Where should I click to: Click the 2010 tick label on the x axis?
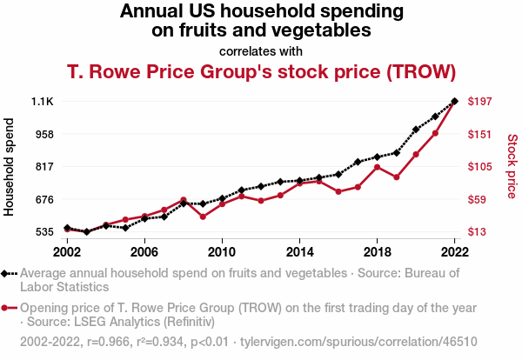(x=222, y=252)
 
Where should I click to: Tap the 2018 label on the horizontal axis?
(x=377, y=252)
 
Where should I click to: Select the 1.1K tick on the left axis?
(x=42, y=102)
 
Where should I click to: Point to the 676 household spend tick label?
(x=43, y=199)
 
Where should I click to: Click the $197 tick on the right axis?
(x=481, y=102)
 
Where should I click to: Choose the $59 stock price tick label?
(x=478, y=199)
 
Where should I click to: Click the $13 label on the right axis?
(x=478, y=232)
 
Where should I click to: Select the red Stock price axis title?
(x=512, y=166)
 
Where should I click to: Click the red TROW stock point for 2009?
(x=203, y=217)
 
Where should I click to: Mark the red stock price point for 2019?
(x=397, y=177)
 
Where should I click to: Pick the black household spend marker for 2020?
(x=416, y=130)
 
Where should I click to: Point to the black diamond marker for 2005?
(x=125, y=228)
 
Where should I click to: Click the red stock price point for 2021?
(x=435, y=133)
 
